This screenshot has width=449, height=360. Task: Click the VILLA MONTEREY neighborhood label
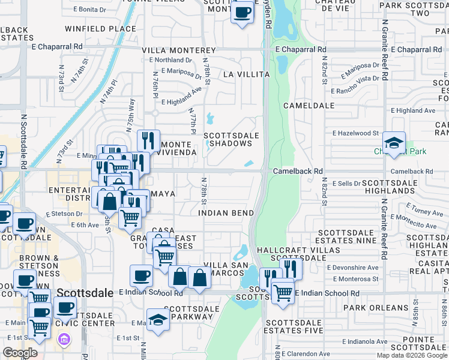click(x=178, y=50)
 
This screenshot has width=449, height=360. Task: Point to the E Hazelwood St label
click(x=356, y=133)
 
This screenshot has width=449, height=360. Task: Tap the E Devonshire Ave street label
click(x=352, y=267)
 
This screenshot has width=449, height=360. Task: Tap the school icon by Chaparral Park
click(x=394, y=143)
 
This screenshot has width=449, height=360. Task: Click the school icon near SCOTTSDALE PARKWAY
click(x=158, y=319)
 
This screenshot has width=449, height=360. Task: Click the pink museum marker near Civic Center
click(x=63, y=340)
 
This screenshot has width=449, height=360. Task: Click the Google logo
click(x=20, y=353)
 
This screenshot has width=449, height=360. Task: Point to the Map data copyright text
click(x=412, y=355)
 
